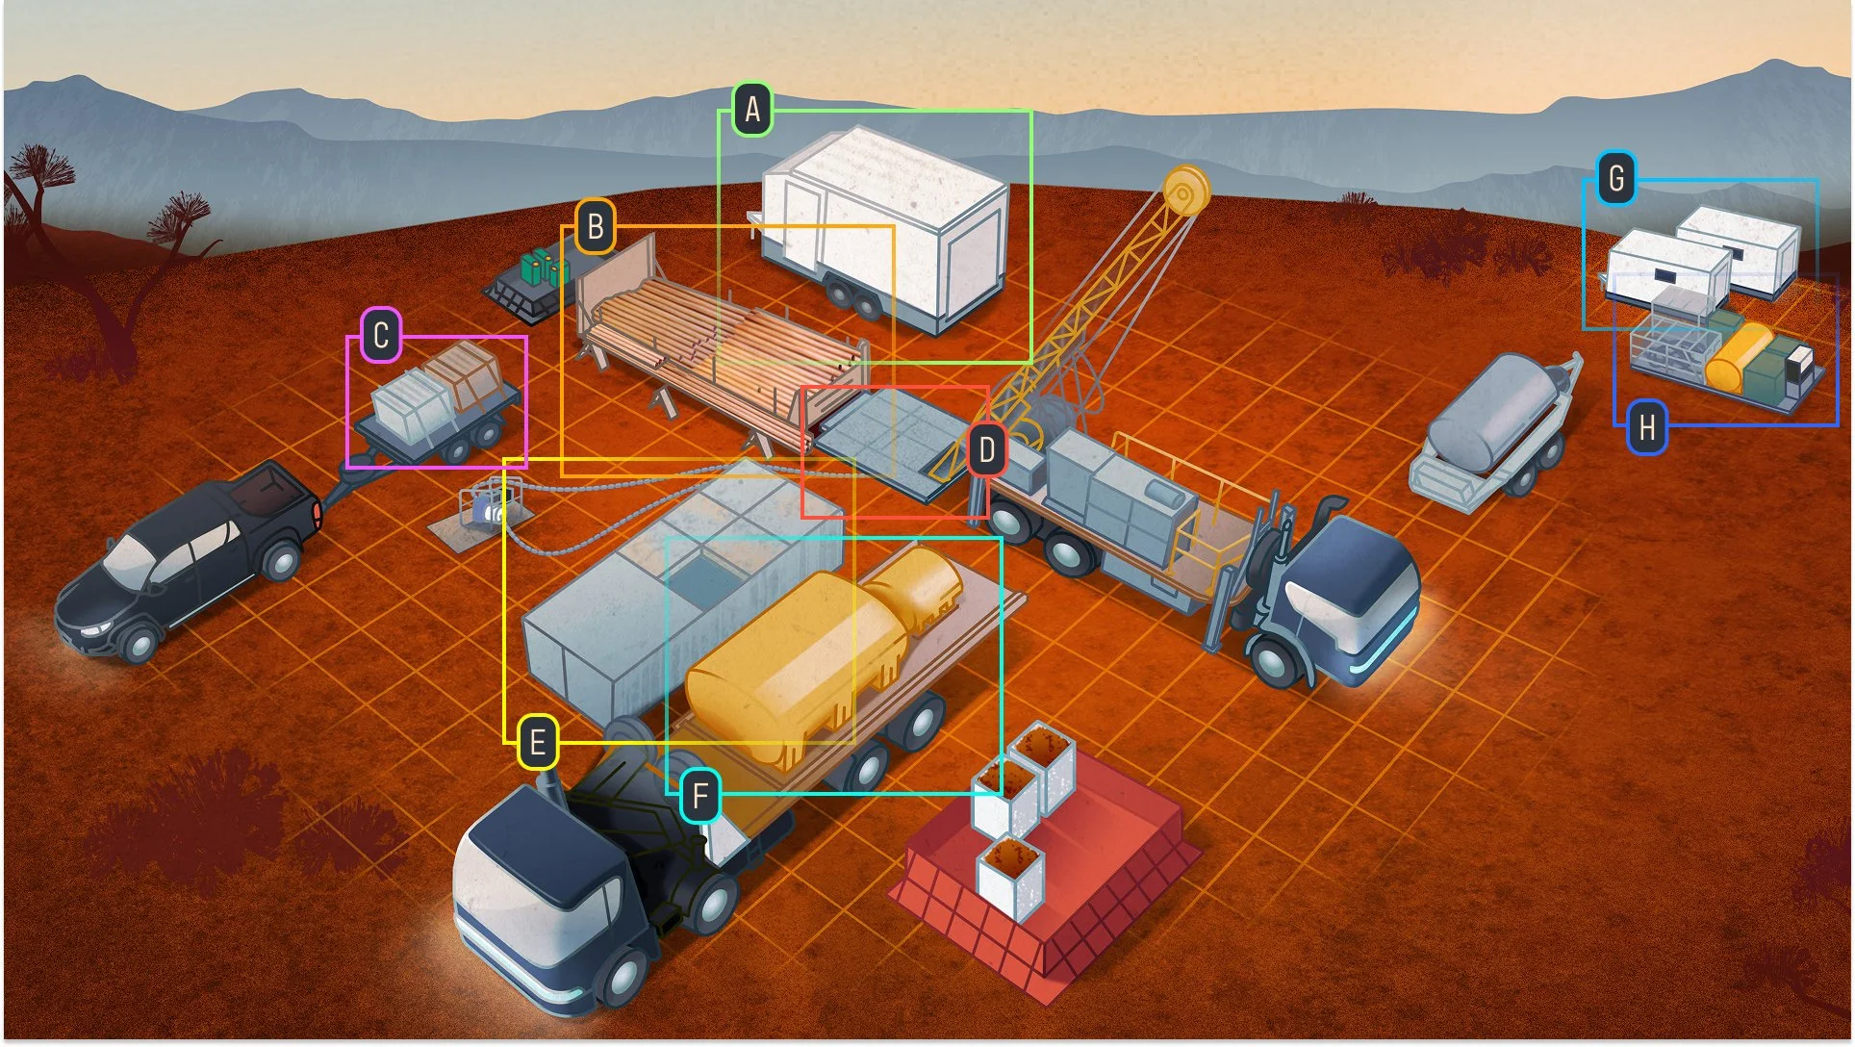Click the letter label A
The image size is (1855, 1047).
[752, 110]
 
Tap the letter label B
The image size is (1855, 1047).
[596, 227]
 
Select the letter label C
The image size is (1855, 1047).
[381, 336]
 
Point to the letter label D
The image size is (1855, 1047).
[986, 449]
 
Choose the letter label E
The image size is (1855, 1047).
[537, 742]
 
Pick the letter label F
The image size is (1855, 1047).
[699, 796]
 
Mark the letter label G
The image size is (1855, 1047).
[1616, 179]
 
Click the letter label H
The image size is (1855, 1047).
[1646, 426]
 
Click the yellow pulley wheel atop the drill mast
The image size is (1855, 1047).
[1185, 191]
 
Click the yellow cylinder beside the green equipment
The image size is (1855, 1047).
[1738, 356]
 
